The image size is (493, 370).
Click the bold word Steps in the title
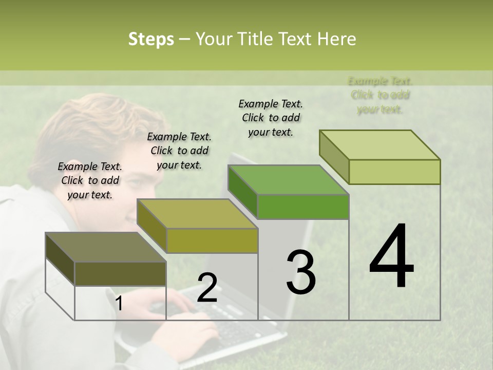(151, 39)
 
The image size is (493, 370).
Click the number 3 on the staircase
(300, 272)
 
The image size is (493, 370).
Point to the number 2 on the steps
(207, 288)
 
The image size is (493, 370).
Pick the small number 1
(119, 304)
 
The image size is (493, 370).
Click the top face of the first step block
(106, 247)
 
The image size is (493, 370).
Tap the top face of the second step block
(197, 214)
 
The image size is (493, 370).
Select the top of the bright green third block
(289, 180)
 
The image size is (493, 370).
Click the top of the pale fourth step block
(380, 145)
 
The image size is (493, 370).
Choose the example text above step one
(90, 180)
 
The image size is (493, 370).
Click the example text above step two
(179, 151)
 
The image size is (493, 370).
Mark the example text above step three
(271, 118)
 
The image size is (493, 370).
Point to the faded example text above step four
(380, 95)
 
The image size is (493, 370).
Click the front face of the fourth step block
(394, 172)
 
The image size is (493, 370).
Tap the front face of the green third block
(303, 207)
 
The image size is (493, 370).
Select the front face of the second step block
(212, 240)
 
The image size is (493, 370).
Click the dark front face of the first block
(120, 274)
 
